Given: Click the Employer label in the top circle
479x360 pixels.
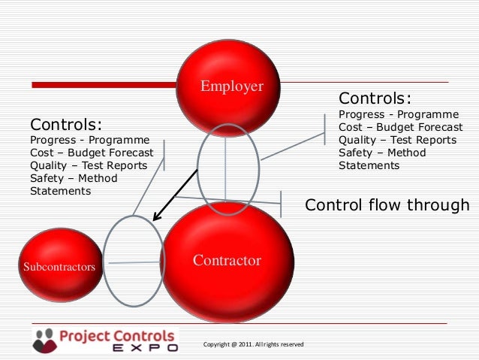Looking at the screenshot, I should (x=231, y=86).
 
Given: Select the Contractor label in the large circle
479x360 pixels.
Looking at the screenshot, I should (x=227, y=261).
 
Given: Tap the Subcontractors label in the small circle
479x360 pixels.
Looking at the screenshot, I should (x=59, y=267).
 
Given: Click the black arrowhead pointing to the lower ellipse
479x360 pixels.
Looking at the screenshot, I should (x=156, y=217).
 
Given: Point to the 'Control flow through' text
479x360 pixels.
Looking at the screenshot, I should (x=387, y=205).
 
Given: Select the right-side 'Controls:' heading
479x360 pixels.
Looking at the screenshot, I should (x=375, y=99).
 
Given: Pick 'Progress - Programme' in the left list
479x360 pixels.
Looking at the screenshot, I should (x=89, y=140).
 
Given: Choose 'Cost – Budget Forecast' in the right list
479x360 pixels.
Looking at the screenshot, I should (x=401, y=127).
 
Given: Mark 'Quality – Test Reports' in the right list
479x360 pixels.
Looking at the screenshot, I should (x=397, y=140).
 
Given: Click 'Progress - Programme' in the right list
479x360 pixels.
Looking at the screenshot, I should (x=399, y=114).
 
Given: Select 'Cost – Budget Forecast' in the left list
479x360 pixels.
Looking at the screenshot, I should (x=92, y=153).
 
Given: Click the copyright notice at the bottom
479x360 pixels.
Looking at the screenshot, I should (x=253, y=344).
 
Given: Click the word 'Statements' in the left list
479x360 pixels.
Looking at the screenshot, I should (x=60, y=191).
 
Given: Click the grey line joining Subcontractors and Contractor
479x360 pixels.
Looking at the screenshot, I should (x=133, y=262).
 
